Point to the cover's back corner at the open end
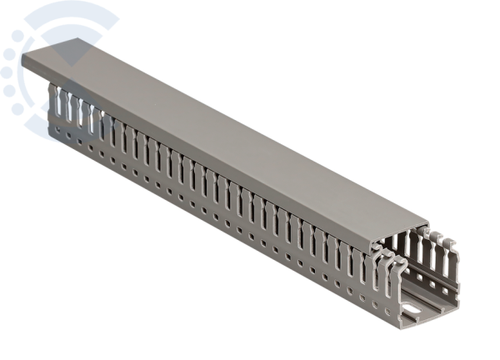[x=427, y=224]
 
